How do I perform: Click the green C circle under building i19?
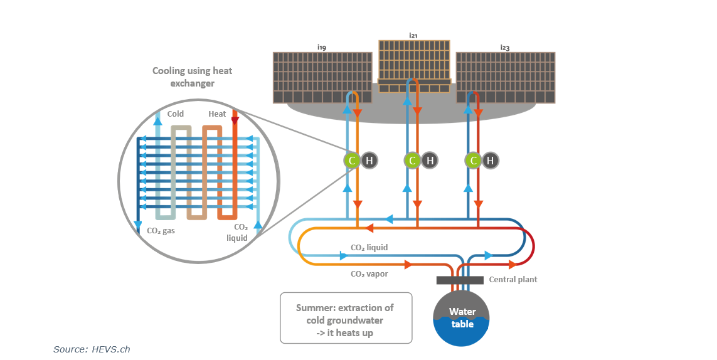pyautogui.click(x=352, y=161)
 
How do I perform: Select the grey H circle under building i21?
pyautogui.click(x=430, y=161)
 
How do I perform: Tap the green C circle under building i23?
pyautogui.click(x=474, y=161)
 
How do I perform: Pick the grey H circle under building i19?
pyautogui.click(x=369, y=161)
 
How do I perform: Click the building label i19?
pyautogui.click(x=321, y=47)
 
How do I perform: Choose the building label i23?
pyautogui.click(x=505, y=47)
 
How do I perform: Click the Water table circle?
pyautogui.click(x=462, y=318)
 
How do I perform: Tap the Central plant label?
pyautogui.click(x=513, y=280)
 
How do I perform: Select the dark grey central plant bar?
pyautogui.click(x=459, y=280)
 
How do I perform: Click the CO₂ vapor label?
pyautogui.click(x=369, y=274)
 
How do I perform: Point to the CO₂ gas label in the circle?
pyautogui.click(x=161, y=231)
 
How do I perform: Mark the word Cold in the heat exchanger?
pyautogui.click(x=176, y=114)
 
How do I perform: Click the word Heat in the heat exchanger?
pyautogui.click(x=217, y=114)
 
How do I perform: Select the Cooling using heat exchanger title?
pyautogui.click(x=192, y=77)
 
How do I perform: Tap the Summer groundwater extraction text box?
pyautogui.click(x=346, y=318)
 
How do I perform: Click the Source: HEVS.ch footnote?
pyautogui.click(x=92, y=349)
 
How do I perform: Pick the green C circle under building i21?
pyautogui.click(x=412, y=161)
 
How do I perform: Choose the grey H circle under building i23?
pyautogui.click(x=491, y=161)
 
